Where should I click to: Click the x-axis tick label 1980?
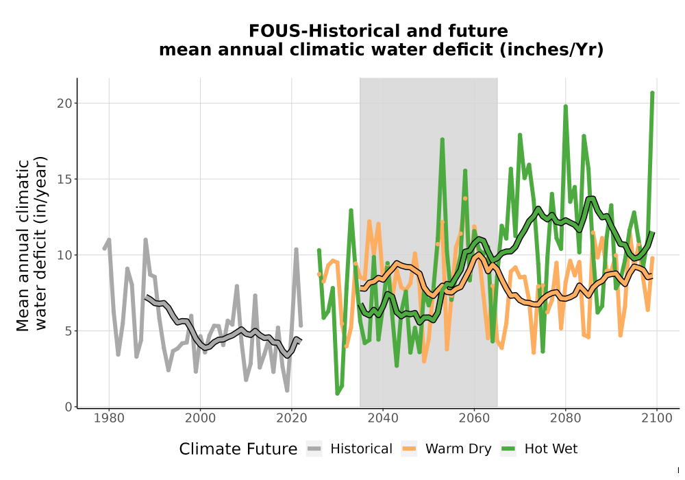coord(109,418)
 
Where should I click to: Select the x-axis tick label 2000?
coord(200,418)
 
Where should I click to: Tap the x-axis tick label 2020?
coord(291,418)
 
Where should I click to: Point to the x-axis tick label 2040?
coord(383,418)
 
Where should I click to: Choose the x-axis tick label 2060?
coord(474,418)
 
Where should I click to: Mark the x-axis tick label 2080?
coord(565,418)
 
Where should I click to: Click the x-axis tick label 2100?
coord(657,418)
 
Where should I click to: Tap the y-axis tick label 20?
coord(64,103)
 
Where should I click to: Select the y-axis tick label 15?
coord(64,179)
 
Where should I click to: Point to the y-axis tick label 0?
coord(68,407)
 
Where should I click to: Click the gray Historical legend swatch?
coord(314,448)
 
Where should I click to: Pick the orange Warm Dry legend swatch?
coord(410,448)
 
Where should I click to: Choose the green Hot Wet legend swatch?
coord(508,448)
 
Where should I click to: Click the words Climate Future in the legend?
coord(238,449)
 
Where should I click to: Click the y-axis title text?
coord(32,244)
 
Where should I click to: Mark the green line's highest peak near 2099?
coord(652,93)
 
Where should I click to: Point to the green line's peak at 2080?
coord(565,106)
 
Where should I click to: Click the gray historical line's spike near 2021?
coord(296,250)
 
